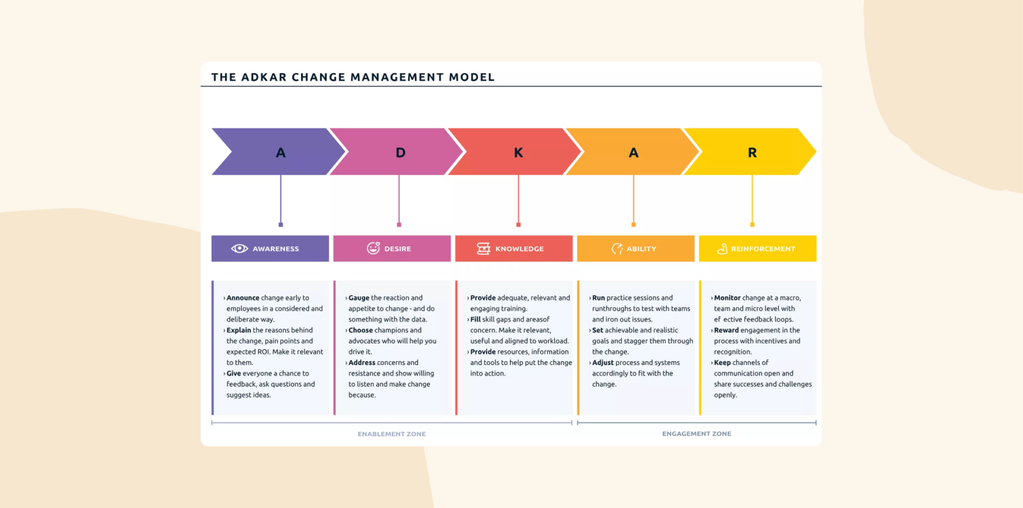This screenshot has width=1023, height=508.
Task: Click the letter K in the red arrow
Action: (518, 153)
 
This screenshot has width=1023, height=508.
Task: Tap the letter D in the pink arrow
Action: (400, 153)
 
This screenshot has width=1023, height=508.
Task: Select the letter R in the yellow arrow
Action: (752, 153)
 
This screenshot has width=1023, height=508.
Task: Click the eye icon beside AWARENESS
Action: (240, 249)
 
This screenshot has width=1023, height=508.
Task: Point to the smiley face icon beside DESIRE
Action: (373, 248)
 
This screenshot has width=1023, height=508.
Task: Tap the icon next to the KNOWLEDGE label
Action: (484, 249)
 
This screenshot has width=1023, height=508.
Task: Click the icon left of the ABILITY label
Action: (617, 249)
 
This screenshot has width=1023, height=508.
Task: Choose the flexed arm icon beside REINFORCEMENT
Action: (722, 249)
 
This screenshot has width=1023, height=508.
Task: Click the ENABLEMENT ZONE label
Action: (391, 434)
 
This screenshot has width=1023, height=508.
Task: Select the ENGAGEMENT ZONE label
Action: (696, 433)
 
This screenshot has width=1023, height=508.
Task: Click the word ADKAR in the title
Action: (263, 77)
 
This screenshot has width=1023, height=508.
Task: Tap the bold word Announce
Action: (243, 298)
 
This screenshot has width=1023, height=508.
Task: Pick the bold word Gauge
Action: (359, 298)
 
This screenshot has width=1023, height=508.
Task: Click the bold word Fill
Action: (475, 319)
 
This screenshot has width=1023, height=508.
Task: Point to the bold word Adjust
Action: (602, 362)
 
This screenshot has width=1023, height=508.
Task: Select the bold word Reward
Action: (726, 330)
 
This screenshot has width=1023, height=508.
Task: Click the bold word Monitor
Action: (727, 298)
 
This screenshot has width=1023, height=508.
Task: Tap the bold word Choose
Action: (360, 330)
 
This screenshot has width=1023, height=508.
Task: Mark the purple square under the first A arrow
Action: (281, 224)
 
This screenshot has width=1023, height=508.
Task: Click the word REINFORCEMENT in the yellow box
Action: (763, 249)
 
